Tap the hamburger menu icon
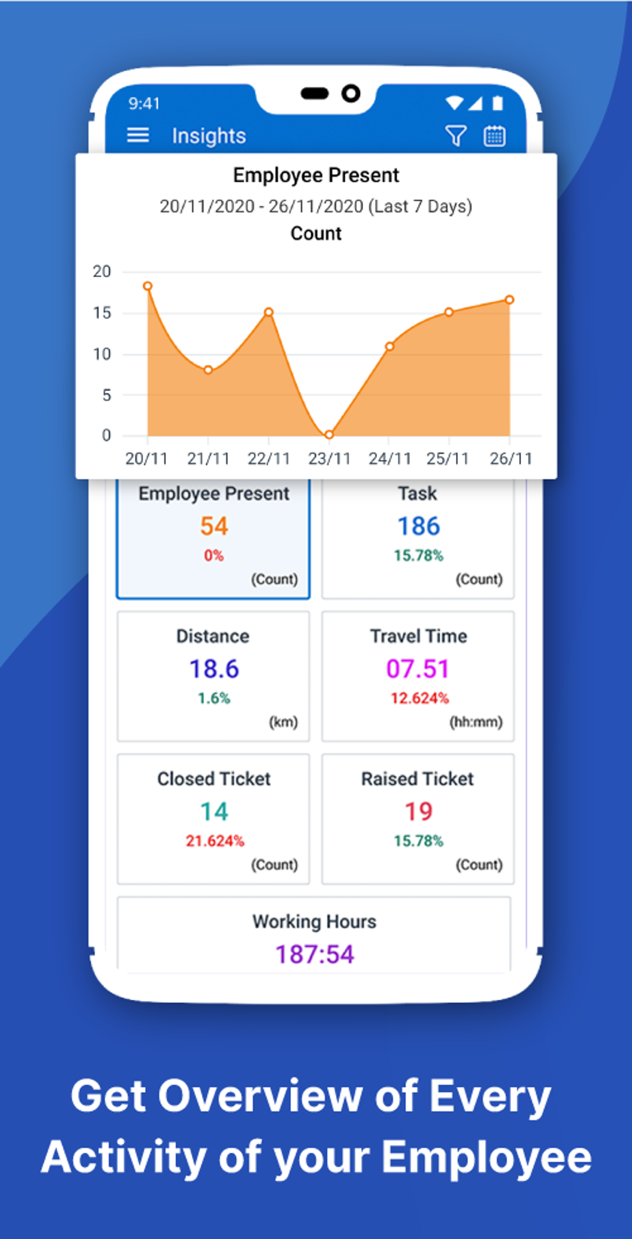click(138, 135)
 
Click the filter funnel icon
click(455, 136)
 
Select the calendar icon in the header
click(494, 136)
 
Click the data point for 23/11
click(329, 434)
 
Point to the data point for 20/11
click(147, 286)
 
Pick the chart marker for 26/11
click(509, 300)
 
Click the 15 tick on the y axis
click(102, 313)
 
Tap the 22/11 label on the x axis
click(268, 459)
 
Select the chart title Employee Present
click(316, 175)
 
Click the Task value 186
click(419, 526)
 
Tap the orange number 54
click(214, 526)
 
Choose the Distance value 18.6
click(214, 669)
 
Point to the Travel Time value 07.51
click(418, 669)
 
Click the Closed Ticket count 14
click(214, 811)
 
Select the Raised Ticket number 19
click(418, 811)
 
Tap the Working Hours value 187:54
click(315, 955)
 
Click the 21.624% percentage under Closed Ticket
click(215, 841)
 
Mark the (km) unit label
click(283, 722)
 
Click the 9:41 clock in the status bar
click(144, 103)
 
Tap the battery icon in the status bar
click(498, 103)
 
